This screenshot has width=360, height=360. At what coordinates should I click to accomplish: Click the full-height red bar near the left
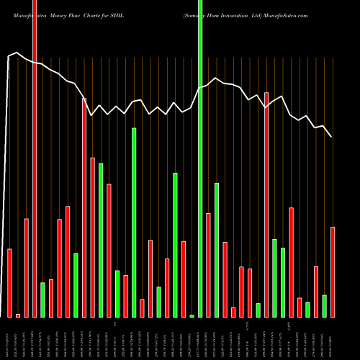coord(35,158)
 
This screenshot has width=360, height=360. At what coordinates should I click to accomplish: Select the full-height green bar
coord(200,158)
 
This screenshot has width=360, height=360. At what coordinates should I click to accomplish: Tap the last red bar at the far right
coord(333,272)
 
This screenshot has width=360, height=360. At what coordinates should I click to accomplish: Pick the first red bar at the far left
coord(10,283)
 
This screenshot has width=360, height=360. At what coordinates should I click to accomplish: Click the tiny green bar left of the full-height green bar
coord(192,316)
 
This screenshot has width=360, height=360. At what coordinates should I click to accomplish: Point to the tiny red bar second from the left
coord(18,315)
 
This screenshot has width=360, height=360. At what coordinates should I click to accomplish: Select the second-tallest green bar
coord(134,222)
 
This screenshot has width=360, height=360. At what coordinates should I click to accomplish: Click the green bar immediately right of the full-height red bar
coord(42,300)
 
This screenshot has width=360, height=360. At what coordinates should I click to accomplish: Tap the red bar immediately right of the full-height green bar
coord(209,265)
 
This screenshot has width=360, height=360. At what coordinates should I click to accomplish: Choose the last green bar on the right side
coord(324,306)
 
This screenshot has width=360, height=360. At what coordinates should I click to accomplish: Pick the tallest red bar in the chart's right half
coord(266,204)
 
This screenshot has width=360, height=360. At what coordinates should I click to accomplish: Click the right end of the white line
coord(331,136)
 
